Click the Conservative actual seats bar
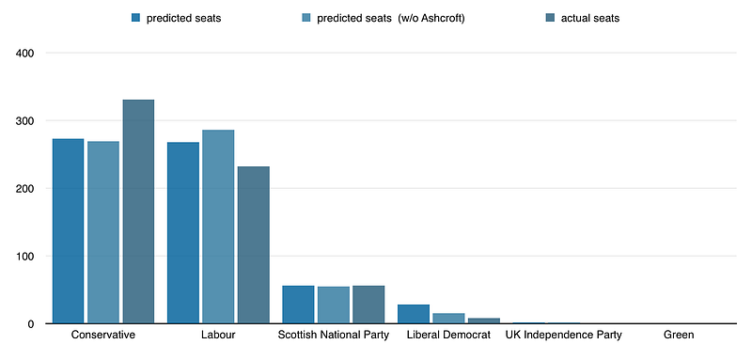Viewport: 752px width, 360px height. coord(138,211)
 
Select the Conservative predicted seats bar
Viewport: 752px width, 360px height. coord(68,231)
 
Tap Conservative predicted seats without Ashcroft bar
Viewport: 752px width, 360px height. coord(103,232)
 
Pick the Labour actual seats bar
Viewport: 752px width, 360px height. coord(254,245)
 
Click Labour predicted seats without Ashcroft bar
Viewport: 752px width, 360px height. coord(218,227)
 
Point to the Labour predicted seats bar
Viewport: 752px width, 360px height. coord(183,233)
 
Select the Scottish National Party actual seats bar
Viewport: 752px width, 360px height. coord(368,305)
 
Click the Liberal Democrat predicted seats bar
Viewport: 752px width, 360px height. coord(414,314)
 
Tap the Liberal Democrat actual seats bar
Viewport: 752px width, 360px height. coord(484,321)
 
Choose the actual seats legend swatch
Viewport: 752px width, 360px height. coord(549,18)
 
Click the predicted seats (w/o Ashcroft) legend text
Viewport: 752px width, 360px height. coord(391,19)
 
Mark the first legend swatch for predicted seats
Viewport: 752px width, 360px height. coord(135,18)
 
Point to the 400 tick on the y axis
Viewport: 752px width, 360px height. coord(24,54)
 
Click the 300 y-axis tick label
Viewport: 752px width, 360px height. coord(24,121)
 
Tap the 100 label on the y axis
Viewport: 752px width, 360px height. coord(24,257)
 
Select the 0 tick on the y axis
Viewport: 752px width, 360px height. coord(31,324)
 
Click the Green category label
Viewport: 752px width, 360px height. coord(679,335)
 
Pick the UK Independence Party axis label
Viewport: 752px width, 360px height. coord(563,335)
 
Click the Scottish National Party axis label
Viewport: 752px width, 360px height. coord(334,335)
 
